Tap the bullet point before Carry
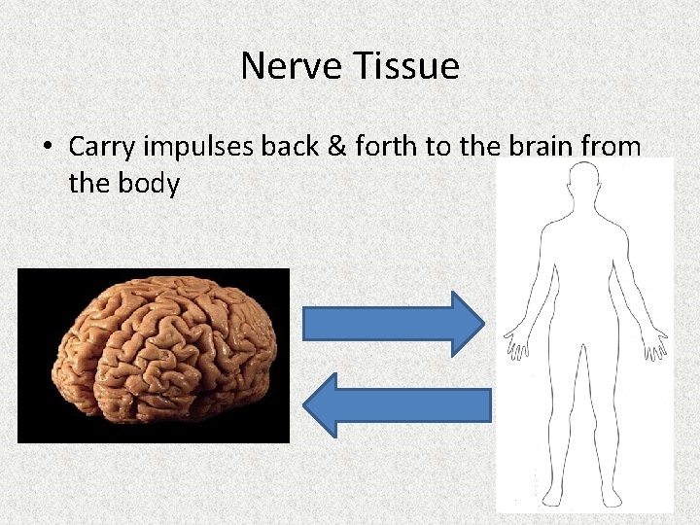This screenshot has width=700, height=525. [x=47, y=148]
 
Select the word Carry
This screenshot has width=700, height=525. [x=102, y=148]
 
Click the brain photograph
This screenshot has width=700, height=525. [x=154, y=355]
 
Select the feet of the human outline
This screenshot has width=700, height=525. [x=584, y=499]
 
